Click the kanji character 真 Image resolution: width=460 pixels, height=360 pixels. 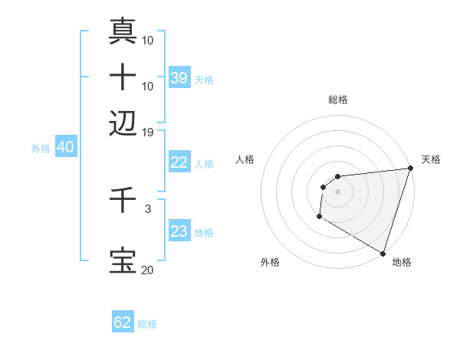click(123, 31)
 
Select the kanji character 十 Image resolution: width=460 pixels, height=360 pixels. click(123, 77)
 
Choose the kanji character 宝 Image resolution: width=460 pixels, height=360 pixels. click(123, 260)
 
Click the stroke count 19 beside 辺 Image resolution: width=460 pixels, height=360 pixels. click(148, 132)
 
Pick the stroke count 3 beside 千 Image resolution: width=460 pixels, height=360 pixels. click(148, 208)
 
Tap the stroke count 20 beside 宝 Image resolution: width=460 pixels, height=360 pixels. click(148, 270)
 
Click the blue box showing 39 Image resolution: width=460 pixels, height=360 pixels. click(179, 77)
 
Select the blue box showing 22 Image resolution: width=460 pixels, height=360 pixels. click(179, 162)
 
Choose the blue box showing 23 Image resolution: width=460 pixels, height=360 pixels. click(179, 231)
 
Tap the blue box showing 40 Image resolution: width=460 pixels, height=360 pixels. click(65, 147)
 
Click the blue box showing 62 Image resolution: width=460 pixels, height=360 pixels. click(123, 322)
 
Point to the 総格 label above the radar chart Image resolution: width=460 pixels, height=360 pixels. click(338, 100)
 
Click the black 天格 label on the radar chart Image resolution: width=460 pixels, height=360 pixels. click(431, 159)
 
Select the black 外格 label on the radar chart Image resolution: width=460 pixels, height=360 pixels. click(270, 262)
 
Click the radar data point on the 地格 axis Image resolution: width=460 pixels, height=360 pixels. click(382, 253)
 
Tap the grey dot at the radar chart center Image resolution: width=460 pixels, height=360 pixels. click(338, 191)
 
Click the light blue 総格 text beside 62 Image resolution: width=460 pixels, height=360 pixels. click(147, 324)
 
